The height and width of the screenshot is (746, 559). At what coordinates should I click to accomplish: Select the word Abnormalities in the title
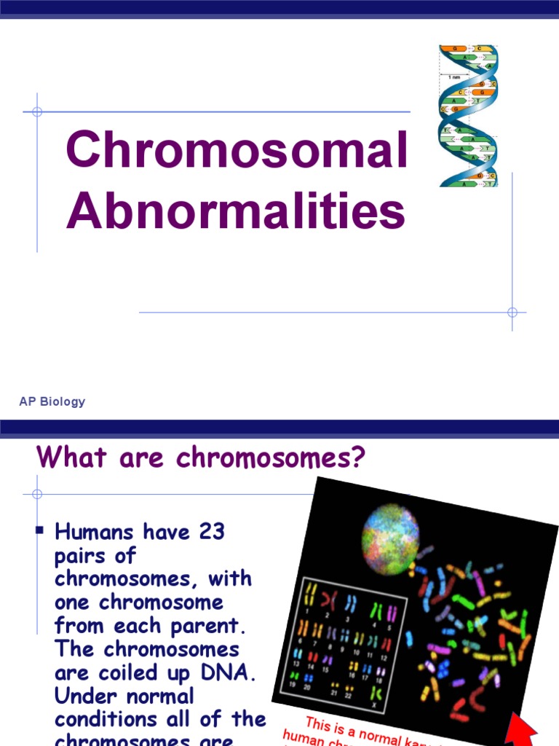coord(236,211)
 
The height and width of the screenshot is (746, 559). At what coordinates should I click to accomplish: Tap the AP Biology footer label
coord(52,401)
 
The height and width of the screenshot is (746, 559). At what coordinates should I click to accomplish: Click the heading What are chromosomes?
coord(200,458)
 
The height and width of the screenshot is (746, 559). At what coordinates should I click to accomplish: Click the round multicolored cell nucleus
coord(391,540)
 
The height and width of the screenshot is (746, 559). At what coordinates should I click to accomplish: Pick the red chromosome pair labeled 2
coord(328,600)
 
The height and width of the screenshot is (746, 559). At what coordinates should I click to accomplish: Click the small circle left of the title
coord(37,112)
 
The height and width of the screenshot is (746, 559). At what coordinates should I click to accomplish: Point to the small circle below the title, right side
coord(512,313)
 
